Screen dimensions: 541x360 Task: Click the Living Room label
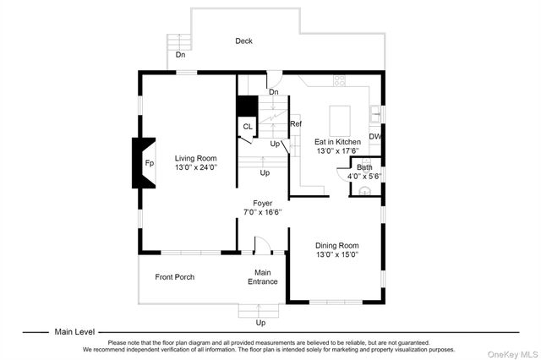(x=195, y=158)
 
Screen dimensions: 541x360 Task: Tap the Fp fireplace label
(x=150, y=163)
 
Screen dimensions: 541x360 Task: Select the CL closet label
(x=248, y=127)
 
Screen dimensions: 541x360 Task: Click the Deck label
(x=243, y=41)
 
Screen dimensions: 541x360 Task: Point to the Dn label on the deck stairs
(x=180, y=54)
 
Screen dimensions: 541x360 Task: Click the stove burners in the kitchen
(x=339, y=81)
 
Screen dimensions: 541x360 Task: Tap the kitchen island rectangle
(x=340, y=121)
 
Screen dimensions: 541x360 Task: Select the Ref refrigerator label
(x=296, y=123)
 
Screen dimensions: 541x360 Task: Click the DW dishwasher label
(x=375, y=137)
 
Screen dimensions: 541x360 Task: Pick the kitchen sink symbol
(x=375, y=114)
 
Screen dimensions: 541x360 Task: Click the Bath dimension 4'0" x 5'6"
(x=364, y=177)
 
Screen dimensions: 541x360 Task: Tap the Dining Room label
(x=337, y=246)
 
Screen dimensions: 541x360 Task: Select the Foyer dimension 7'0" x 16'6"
(x=263, y=212)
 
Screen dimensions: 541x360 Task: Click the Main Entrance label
(x=263, y=277)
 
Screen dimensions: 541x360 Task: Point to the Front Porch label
(x=175, y=277)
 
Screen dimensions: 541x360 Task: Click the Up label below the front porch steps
(x=260, y=323)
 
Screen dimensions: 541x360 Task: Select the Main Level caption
(x=74, y=332)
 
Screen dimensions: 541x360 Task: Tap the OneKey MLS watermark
(x=512, y=354)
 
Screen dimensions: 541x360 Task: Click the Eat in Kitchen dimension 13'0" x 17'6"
(x=338, y=150)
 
